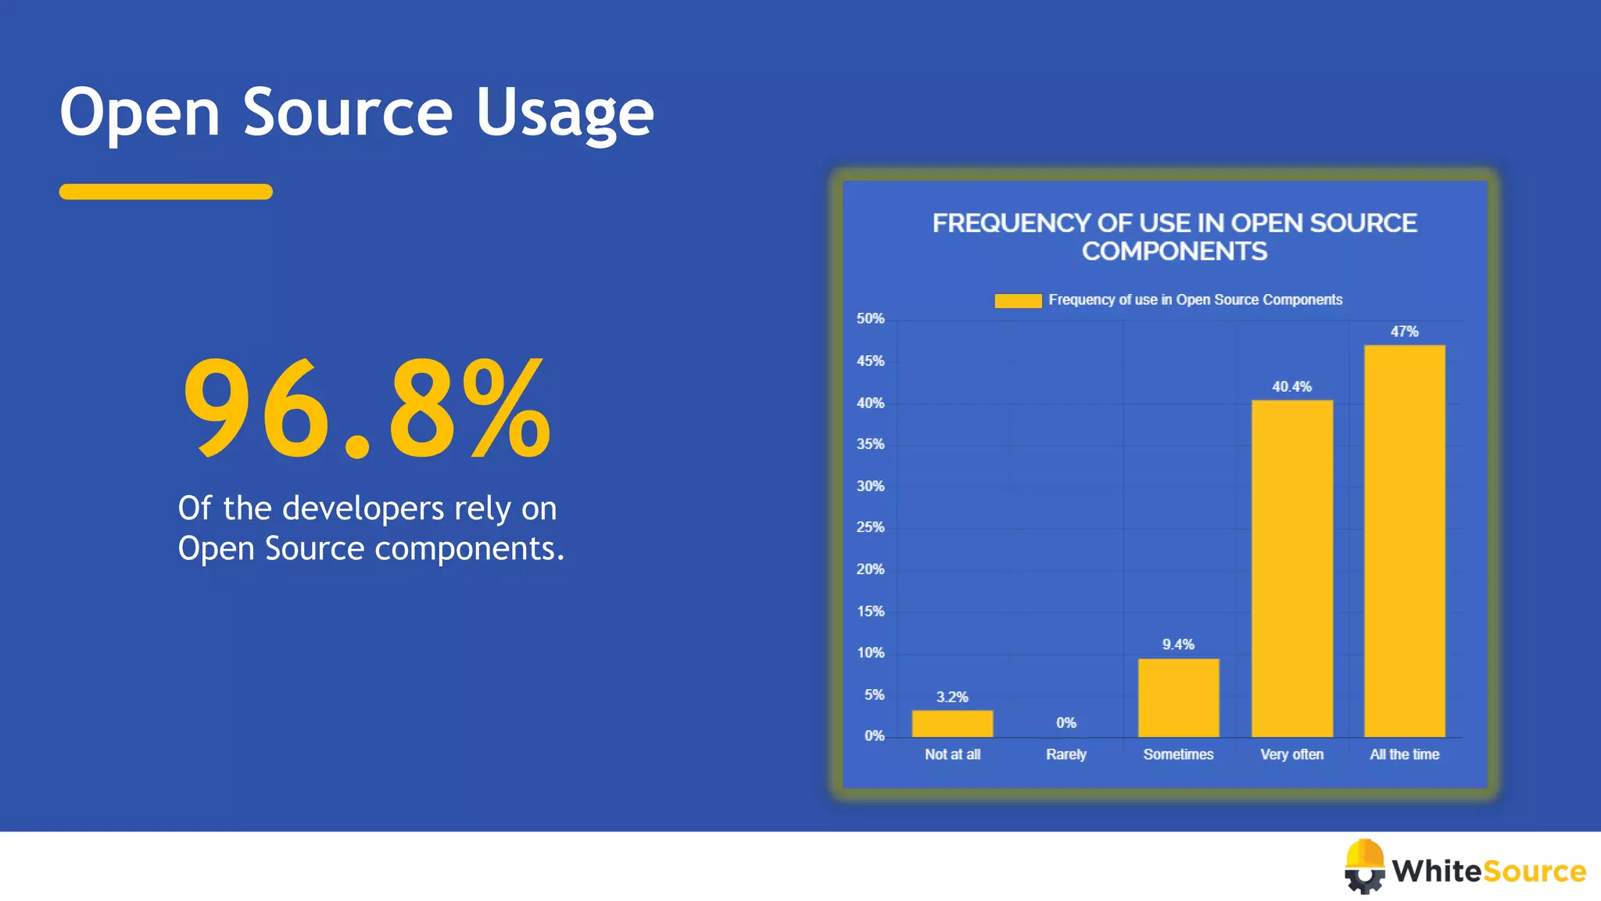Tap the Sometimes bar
(x=1178, y=698)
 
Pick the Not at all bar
(x=952, y=723)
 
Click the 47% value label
(x=1404, y=332)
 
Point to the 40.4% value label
(x=1291, y=386)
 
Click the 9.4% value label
(x=1178, y=644)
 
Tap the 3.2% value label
(x=952, y=697)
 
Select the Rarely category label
(x=1066, y=754)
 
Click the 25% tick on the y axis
(x=870, y=527)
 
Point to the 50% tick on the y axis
(x=870, y=318)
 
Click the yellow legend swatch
(x=1017, y=300)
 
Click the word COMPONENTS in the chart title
(x=1174, y=251)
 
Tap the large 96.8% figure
(x=367, y=407)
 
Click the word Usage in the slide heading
(x=564, y=113)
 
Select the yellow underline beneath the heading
(x=166, y=192)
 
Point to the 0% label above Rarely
(x=1066, y=723)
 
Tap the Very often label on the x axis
(x=1291, y=754)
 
